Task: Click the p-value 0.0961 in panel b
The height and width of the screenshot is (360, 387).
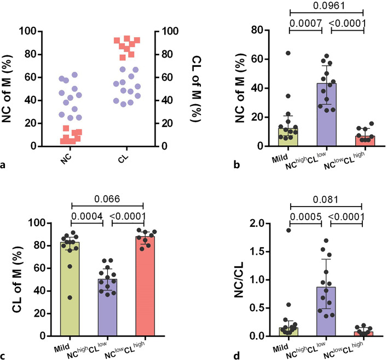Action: [x=326, y=7]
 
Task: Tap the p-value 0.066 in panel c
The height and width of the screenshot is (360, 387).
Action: [x=107, y=198]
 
